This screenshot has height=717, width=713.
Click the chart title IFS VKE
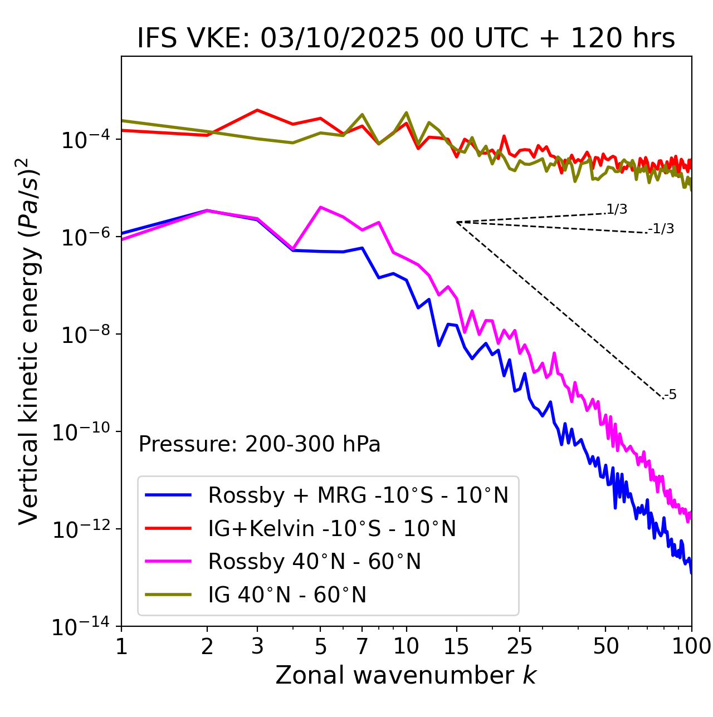click(x=406, y=38)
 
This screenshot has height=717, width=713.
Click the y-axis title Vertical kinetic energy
click(x=29, y=341)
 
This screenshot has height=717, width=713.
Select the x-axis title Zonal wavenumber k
click(x=406, y=675)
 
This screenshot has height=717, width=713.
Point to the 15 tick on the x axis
click(x=456, y=646)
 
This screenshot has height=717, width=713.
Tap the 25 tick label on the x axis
click(x=520, y=646)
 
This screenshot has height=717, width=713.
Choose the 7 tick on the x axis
click(x=362, y=646)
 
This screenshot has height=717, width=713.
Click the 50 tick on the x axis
click(x=605, y=646)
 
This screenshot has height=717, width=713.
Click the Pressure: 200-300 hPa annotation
click(x=259, y=444)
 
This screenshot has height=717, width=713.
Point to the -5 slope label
click(x=670, y=395)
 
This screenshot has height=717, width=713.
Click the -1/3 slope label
click(x=661, y=228)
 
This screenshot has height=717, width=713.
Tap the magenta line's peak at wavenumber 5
click(x=320, y=207)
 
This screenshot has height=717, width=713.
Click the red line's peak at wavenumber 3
click(x=257, y=110)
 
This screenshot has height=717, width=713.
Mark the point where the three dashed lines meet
click(x=456, y=222)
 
